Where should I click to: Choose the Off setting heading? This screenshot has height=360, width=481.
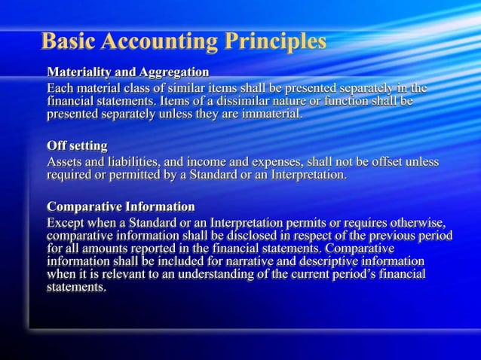click(77, 145)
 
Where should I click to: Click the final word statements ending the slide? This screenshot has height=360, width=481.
click(76, 287)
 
